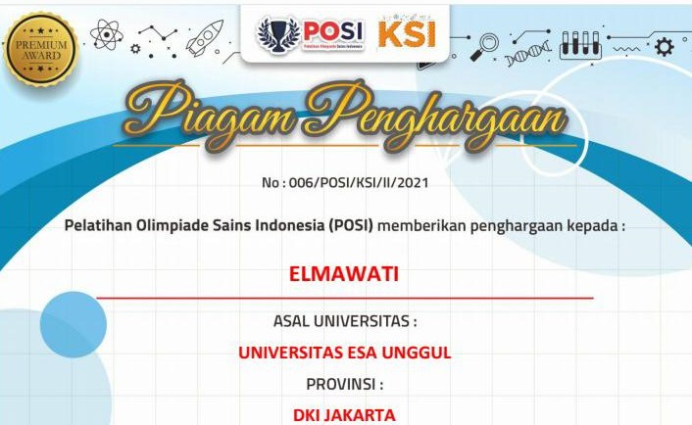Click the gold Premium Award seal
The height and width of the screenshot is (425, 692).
coord(40,49)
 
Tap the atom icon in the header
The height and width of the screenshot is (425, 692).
coord(107,34)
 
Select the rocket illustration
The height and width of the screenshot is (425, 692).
coord(204,38)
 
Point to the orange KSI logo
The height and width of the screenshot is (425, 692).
coord(407,33)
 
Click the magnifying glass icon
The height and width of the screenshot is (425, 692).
coord(484,47)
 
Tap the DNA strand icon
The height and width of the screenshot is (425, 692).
coord(528,53)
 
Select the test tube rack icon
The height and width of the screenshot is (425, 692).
coord(581,45)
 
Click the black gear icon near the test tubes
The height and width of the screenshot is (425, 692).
coord(665,47)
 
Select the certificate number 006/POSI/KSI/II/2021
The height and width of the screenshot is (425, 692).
coord(359,182)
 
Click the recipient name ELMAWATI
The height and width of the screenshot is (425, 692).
coord(344,274)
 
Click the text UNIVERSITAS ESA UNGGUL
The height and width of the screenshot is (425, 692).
coord(345,353)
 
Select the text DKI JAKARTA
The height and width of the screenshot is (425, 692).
coord(344,415)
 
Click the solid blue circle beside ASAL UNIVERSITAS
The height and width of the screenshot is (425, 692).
coord(74,324)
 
